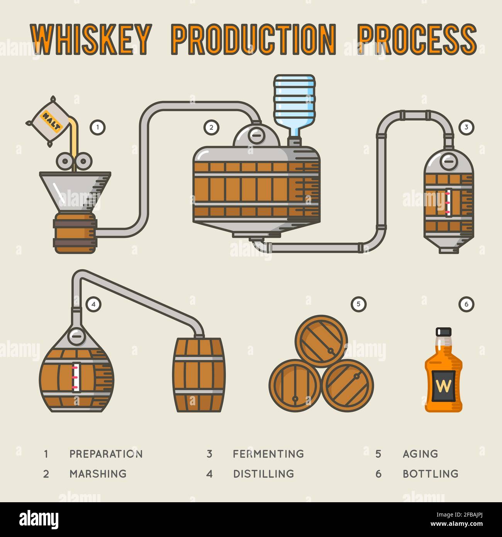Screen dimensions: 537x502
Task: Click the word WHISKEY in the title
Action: (90, 39)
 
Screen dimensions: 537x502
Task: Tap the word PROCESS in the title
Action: (417, 39)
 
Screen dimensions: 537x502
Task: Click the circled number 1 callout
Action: (98, 127)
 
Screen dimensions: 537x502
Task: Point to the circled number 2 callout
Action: (211, 127)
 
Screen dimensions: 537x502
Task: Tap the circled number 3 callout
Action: (466, 127)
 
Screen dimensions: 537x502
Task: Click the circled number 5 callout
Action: (358, 304)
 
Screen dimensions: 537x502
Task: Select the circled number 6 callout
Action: (466, 304)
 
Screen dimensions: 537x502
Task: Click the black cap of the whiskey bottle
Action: (443, 331)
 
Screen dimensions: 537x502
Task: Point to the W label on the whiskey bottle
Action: (443, 386)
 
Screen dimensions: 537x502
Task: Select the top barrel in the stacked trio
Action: (321, 341)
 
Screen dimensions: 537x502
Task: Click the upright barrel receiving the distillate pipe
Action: (199, 375)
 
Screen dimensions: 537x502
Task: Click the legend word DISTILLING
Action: (263, 474)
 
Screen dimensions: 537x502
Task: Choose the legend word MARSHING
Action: (98, 474)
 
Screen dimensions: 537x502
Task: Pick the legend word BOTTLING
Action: (430, 474)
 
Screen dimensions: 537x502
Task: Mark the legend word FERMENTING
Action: (268, 454)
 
